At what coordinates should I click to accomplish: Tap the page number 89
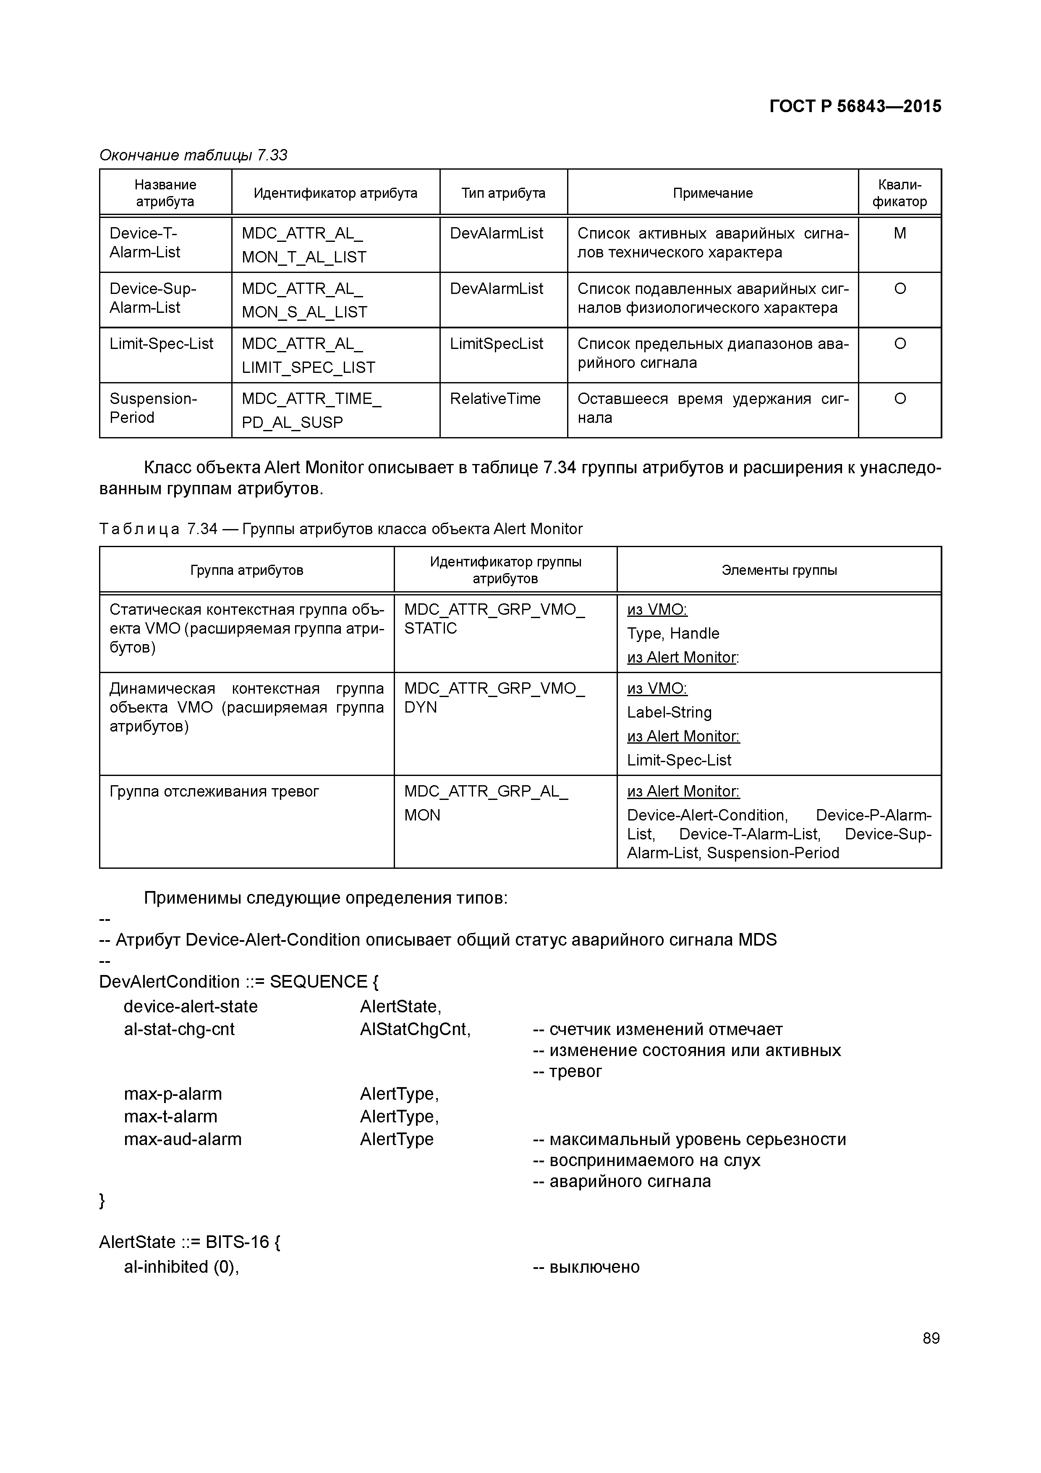tap(931, 1338)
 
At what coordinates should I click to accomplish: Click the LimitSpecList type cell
tap(497, 344)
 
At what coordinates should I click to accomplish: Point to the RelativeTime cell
tap(495, 399)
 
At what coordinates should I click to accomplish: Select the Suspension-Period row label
tap(153, 408)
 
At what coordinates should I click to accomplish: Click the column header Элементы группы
tap(779, 570)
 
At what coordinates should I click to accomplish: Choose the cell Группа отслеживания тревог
tap(214, 792)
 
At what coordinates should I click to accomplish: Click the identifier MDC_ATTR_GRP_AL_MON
tap(486, 803)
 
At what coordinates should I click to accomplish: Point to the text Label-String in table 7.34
tap(669, 713)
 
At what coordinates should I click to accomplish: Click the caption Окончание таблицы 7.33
tap(193, 155)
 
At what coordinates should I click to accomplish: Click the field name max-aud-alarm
tap(183, 1140)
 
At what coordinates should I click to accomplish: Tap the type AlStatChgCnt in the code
tap(415, 1030)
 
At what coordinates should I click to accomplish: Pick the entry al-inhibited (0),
tap(181, 1267)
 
